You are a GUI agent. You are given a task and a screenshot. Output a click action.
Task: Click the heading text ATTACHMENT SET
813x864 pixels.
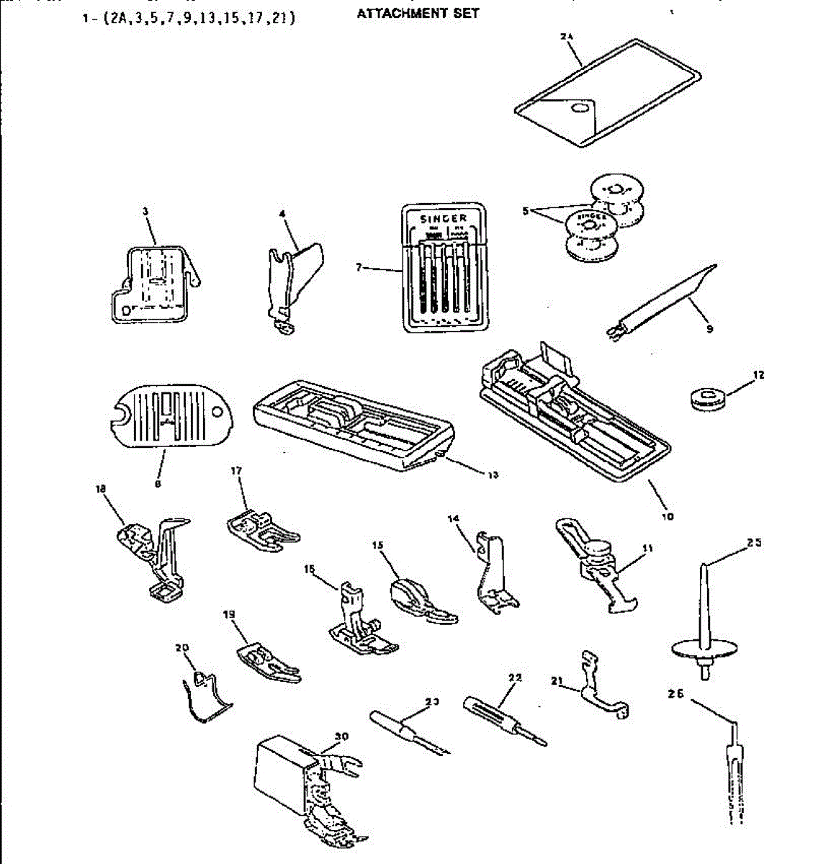pyautogui.click(x=418, y=13)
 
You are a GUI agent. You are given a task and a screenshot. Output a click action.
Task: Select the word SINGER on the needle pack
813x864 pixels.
pyautogui.click(x=444, y=218)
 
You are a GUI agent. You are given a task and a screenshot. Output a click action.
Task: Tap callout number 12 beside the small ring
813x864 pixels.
pyautogui.click(x=758, y=375)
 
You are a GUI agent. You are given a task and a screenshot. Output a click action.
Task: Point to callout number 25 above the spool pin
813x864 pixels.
pyautogui.click(x=754, y=543)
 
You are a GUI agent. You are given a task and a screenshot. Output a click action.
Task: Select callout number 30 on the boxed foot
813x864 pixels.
pyautogui.click(x=341, y=737)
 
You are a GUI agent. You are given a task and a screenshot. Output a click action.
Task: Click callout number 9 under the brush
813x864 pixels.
pyautogui.click(x=709, y=329)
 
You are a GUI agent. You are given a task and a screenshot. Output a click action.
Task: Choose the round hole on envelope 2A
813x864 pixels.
pyautogui.click(x=578, y=108)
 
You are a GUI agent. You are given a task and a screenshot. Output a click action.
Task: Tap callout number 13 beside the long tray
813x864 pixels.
pyautogui.click(x=493, y=475)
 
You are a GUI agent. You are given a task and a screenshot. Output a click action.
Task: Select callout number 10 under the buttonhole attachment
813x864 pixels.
pyautogui.click(x=668, y=516)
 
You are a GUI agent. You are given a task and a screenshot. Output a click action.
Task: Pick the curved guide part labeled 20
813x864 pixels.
pyautogui.click(x=205, y=695)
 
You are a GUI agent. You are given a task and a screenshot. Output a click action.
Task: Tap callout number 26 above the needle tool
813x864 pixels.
pyautogui.click(x=675, y=694)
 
